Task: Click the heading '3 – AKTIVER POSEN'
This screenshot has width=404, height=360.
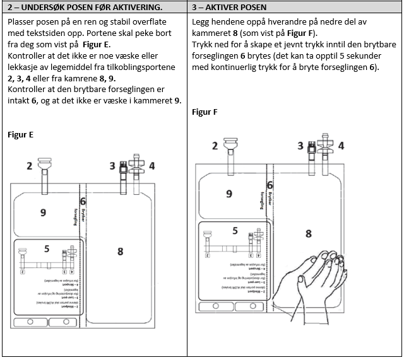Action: [x=230, y=8]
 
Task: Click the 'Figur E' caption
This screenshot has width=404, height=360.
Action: [x=20, y=134]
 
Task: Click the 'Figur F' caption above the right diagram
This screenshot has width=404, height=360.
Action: [x=205, y=112]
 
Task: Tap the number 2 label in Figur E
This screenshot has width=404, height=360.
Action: [x=29, y=166]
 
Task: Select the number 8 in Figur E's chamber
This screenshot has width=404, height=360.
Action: [x=120, y=251]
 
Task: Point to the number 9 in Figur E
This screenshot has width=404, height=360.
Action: [x=43, y=212]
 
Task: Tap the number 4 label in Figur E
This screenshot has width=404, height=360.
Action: [x=151, y=166]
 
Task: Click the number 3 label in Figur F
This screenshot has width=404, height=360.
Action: [x=300, y=146]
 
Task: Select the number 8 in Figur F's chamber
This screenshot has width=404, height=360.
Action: [x=308, y=233]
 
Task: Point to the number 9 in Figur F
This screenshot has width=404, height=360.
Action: [x=229, y=194]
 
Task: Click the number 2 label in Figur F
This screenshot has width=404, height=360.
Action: [x=215, y=146]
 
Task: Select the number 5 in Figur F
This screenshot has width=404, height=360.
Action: [x=235, y=231]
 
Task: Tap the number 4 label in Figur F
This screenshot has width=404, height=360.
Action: [x=342, y=146]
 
